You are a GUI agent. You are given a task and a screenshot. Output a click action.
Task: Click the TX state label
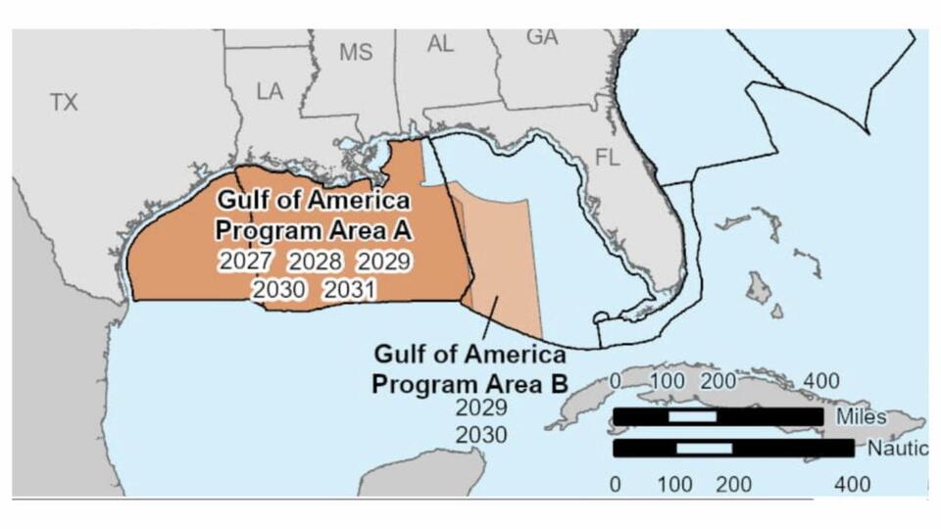click(x=64, y=102)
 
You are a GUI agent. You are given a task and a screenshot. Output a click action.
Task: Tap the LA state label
click(x=270, y=91)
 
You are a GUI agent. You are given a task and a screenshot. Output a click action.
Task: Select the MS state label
click(x=356, y=53)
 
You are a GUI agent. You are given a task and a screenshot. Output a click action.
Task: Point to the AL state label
click(x=440, y=44)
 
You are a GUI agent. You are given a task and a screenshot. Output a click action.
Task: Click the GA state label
click(x=542, y=37)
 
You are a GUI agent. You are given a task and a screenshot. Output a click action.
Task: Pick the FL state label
click(x=608, y=157)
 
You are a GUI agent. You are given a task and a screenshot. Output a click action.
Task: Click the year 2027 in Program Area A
click(x=245, y=262)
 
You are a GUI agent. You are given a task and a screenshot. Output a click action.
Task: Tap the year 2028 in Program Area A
click(x=315, y=262)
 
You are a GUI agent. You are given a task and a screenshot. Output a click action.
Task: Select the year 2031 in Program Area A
click(x=350, y=290)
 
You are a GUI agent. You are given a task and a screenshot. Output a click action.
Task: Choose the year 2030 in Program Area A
click(x=279, y=290)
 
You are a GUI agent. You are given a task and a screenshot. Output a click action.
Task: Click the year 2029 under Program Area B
click(x=481, y=409)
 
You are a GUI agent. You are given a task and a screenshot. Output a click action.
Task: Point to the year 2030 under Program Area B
click(x=481, y=435)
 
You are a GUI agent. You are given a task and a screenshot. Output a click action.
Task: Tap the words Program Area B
click(x=470, y=383)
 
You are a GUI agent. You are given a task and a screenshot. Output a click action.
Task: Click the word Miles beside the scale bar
click(x=862, y=416)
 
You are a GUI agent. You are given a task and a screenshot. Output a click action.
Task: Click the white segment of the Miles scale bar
click(x=691, y=416)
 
